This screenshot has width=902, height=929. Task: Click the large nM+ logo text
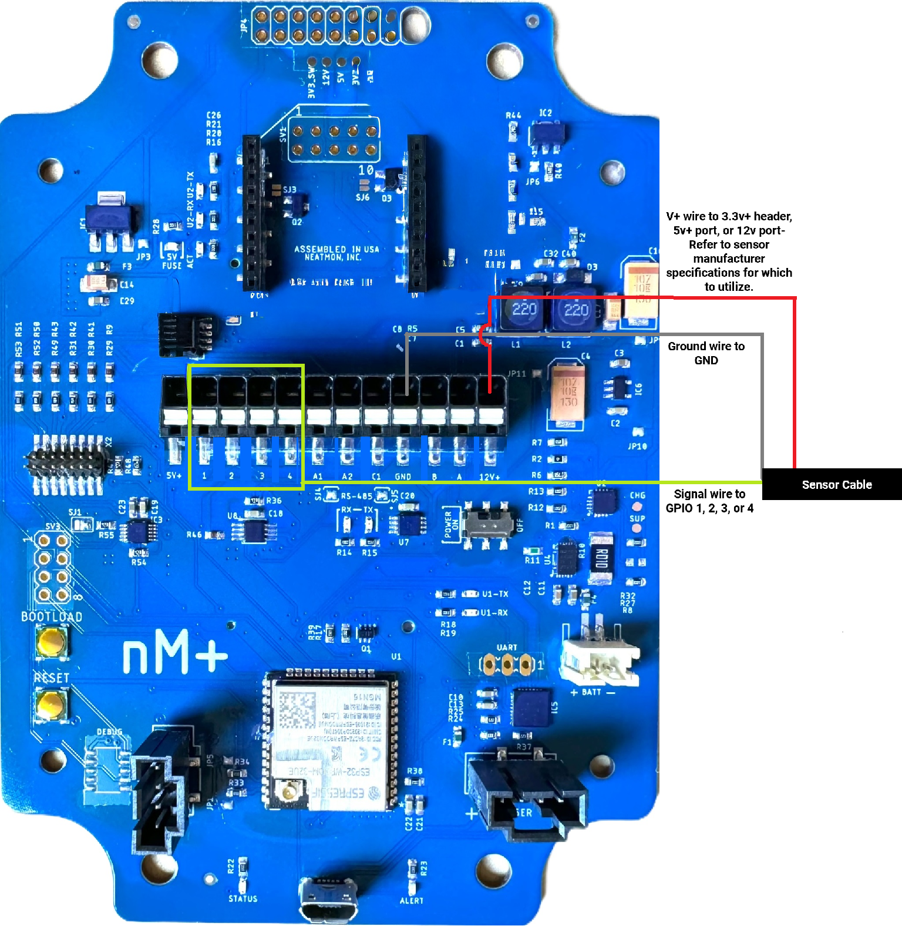pyautogui.click(x=175, y=652)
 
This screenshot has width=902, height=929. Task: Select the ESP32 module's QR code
pyautogui.click(x=297, y=711)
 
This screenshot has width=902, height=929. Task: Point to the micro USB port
pyautogui.click(x=328, y=899)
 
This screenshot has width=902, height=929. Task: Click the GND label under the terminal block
pyautogui.click(x=403, y=477)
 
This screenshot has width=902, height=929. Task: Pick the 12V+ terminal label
pyautogui.click(x=490, y=477)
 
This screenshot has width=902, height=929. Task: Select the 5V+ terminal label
pyautogui.click(x=174, y=475)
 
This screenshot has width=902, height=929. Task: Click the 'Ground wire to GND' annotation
pyautogui.click(x=706, y=353)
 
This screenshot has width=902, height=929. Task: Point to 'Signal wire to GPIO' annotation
pyautogui.click(x=709, y=501)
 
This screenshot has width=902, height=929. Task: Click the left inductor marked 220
pyautogui.click(x=524, y=310)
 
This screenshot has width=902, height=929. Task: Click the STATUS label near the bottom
pyautogui.click(x=243, y=898)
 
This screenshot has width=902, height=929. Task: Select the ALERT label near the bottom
pyautogui.click(x=412, y=900)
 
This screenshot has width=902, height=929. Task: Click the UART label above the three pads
pyautogui.click(x=507, y=648)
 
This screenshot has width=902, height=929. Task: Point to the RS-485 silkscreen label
pyautogui.click(x=356, y=496)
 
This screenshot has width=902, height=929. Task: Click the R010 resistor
pyautogui.click(x=601, y=558)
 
